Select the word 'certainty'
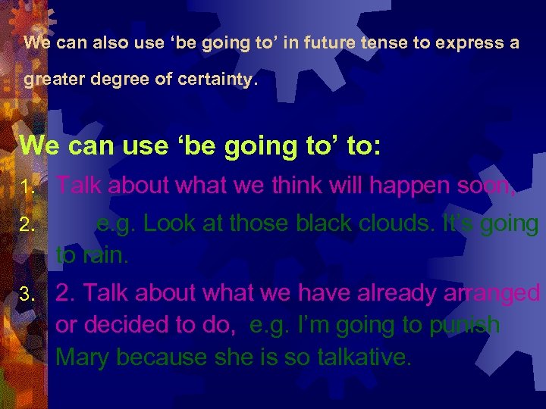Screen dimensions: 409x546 pyautogui.click(x=216, y=80)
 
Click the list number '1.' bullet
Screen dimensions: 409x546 pyautogui.click(x=29, y=186)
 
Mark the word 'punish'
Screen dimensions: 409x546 pyautogui.click(x=463, y=326)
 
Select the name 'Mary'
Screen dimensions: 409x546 pyautogui.click(x=83, y=357)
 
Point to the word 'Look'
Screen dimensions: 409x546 pyautogui.click(x=166, y=223)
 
